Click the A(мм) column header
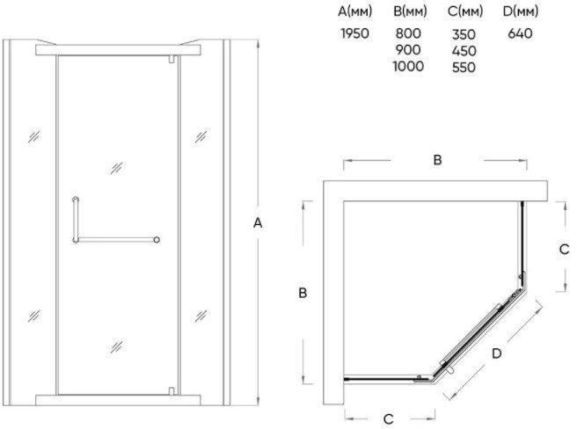(356, 12)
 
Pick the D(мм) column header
(519, 12)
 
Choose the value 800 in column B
(409, 34)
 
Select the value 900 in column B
(409, 50)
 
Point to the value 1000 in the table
(409, 66)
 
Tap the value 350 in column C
(463, 34)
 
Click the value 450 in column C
(463, 51)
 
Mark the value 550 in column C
(463, 68)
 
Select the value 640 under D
(519, 34)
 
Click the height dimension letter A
(258, 223)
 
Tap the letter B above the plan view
(436, 160)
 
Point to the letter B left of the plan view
(302, 293)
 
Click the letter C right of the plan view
(565, 249)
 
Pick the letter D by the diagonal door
(497, 353)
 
